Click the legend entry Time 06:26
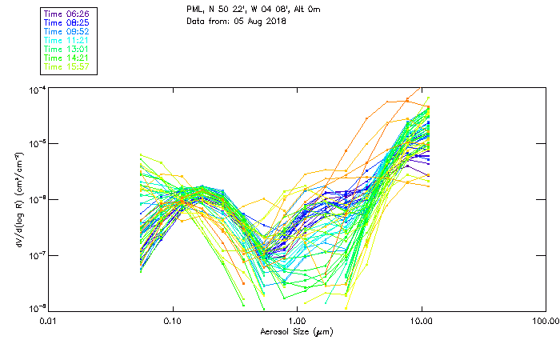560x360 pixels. click(67, 14)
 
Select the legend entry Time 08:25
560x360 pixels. click(67, 23)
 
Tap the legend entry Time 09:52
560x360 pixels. click(67, 32)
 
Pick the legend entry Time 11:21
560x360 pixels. click(67, 41)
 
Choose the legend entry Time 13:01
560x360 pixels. click(67, 50)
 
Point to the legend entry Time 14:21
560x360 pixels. click(67, 58)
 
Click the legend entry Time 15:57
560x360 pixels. click(67, 67)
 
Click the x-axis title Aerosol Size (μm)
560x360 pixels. click(297, 331)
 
